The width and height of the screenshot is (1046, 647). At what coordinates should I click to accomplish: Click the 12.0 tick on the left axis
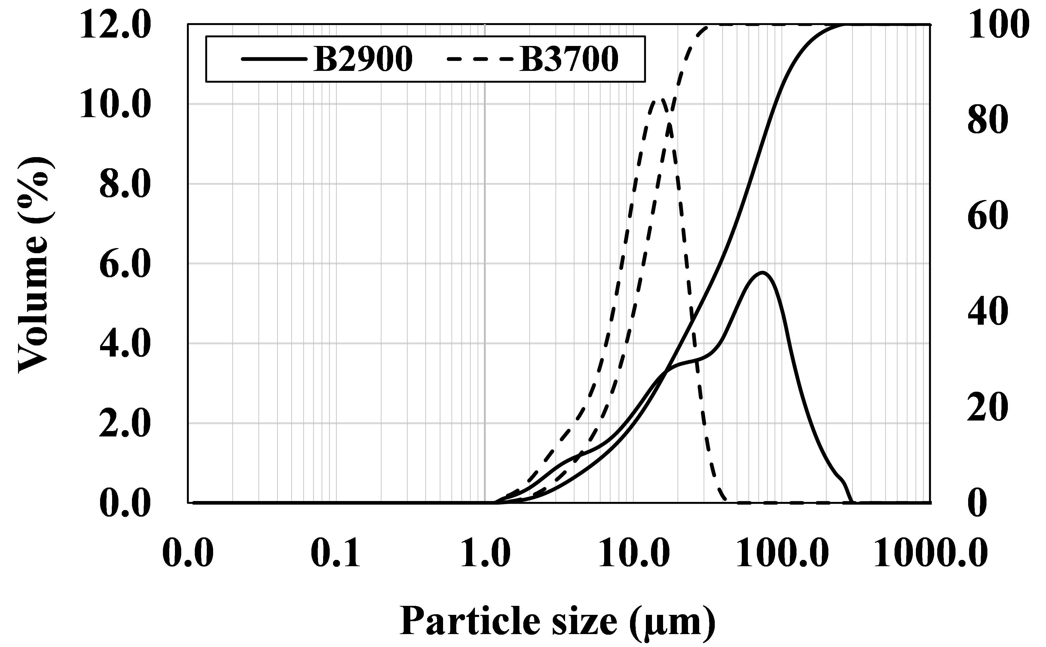pyautogui.click(x=116, y=25)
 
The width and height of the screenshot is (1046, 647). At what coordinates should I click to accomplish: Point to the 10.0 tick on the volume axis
pyautogui.click(x=116, y=105)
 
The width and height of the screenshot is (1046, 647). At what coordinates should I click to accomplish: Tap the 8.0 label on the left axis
pyautogui.click(x=125, y=185)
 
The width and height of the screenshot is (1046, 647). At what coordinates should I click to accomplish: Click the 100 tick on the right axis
pyautogui.click(x=998, y=25)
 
